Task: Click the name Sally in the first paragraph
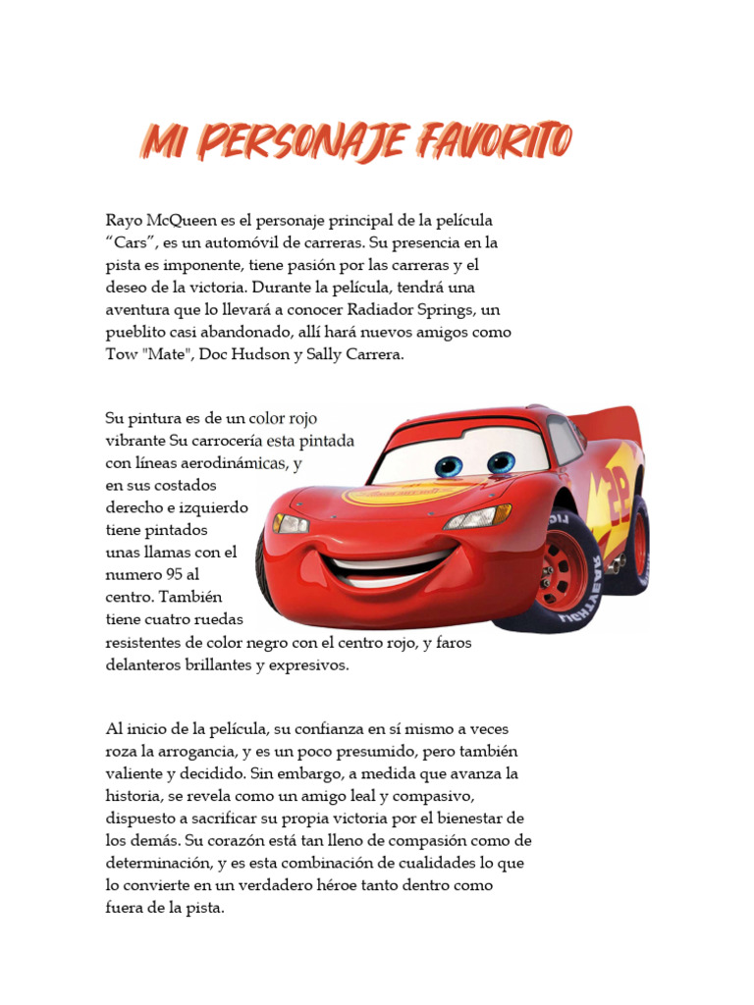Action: (x=338, y=355)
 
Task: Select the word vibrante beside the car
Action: (x=135, y=442)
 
